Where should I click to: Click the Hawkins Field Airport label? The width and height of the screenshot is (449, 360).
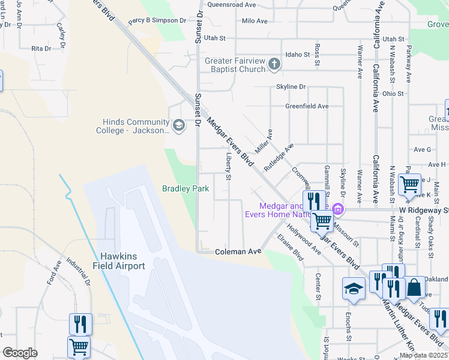119,261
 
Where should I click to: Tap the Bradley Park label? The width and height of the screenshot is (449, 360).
185,188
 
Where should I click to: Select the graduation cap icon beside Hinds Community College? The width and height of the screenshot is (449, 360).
178,125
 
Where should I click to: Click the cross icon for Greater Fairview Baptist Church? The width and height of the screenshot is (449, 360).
274,64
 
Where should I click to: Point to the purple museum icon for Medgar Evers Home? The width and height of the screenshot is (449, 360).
338,209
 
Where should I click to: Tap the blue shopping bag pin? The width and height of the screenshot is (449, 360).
415,288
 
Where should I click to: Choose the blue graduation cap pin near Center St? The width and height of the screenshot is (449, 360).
354,288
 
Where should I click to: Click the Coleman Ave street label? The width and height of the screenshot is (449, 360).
238,252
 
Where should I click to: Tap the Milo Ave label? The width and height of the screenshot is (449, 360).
254,21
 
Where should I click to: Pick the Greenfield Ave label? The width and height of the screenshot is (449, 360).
307,106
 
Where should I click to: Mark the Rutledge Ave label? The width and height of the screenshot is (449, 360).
280,155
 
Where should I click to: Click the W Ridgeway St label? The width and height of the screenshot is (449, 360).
424,211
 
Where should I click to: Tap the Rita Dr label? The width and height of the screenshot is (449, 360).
41,48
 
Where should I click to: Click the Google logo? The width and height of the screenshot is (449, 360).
20,353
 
